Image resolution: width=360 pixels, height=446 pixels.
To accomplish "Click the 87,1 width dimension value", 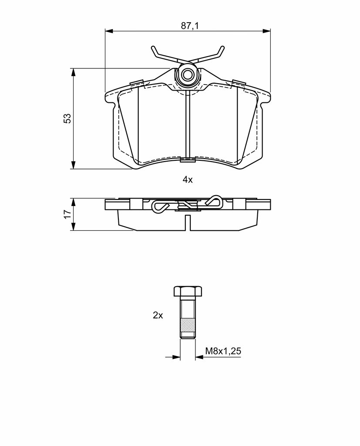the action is click(190, 26).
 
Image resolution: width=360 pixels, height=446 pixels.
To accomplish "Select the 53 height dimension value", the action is click(67, 118).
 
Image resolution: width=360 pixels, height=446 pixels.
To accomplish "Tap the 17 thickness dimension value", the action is click(67, 214).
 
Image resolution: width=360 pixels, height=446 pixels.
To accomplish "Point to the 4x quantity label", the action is click(188, 180).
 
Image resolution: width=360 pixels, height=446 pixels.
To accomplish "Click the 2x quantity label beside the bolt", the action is click(158, 315).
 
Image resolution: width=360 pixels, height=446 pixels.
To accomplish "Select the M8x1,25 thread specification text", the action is click(223, 351).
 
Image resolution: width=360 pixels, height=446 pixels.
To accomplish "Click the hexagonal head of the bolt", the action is click(188, 291).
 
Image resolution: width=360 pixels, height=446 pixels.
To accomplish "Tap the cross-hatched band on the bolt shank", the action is click(188, 325).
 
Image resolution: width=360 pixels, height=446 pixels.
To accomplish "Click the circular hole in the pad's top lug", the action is click(187, 75).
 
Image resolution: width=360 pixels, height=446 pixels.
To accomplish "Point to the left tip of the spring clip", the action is click(153, 47).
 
